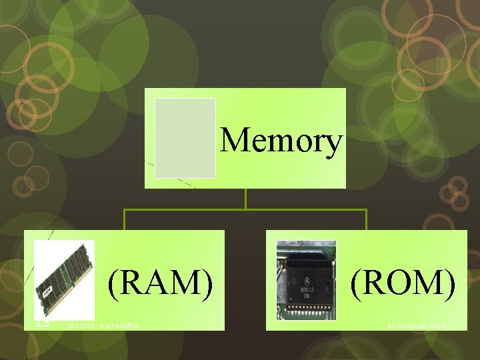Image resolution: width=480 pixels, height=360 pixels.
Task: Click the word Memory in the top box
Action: pos(281,141)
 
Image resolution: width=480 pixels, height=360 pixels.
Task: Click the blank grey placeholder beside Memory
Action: pos(185,138)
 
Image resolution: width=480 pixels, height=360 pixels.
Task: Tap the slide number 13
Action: pos(43,323)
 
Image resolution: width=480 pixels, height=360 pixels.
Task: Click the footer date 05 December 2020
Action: pos(417,325)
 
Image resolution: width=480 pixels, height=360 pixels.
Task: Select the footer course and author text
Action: pos(107,325)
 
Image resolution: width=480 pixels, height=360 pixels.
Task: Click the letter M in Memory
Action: pos(233,141)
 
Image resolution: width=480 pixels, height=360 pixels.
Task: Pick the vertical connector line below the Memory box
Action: pos(246,199)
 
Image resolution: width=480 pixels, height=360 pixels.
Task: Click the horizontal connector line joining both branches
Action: pos(246,210)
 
